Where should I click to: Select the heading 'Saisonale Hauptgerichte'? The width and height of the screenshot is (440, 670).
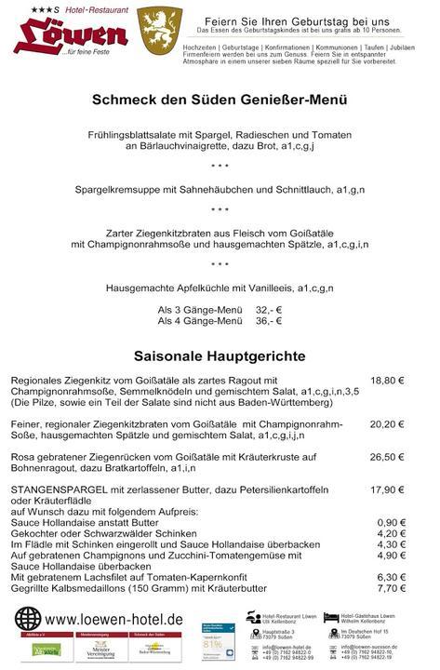pyautogui.click(x=220, y=355)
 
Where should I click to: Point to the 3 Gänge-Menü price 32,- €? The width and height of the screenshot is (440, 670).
pyautogui.click(x=268, y=309)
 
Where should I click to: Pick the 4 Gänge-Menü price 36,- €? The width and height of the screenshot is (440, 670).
pyautogui.click(x=268, y=321)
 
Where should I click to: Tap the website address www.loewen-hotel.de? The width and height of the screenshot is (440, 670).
pyautogui.click(x=113, y=619)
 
